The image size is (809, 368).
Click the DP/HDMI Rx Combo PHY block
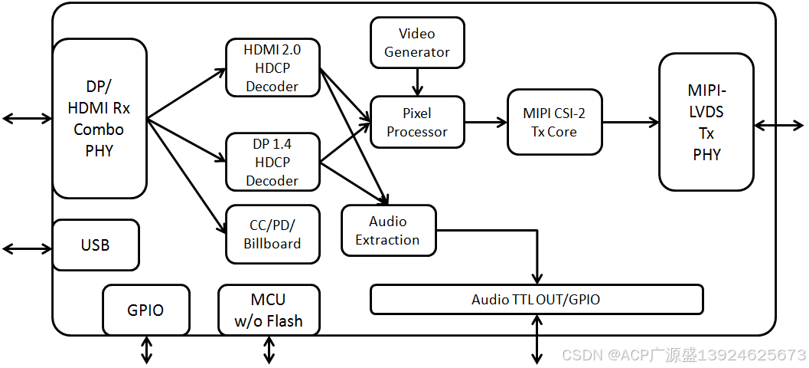99,119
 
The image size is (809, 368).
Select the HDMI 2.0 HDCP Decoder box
272,68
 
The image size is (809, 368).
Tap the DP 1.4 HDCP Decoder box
272,162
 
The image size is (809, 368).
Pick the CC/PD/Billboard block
272,234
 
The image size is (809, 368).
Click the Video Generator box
417,43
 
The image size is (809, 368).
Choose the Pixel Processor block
417,123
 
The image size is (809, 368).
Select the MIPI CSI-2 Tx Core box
555,122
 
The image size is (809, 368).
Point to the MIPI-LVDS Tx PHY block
706,122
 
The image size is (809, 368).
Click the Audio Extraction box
388,230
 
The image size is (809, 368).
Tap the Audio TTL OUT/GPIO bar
536,299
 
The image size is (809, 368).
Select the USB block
96,245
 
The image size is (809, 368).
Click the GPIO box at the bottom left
145,310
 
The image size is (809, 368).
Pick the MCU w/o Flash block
269,310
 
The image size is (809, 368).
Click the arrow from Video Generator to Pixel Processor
417,82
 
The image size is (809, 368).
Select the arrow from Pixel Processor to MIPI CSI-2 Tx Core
486,122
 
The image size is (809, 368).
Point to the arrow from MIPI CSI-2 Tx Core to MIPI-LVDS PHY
631,122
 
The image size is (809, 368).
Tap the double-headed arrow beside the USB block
27,249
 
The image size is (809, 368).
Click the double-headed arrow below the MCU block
269,350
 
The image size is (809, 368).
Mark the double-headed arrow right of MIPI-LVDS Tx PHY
779,125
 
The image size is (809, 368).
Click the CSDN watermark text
683,355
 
